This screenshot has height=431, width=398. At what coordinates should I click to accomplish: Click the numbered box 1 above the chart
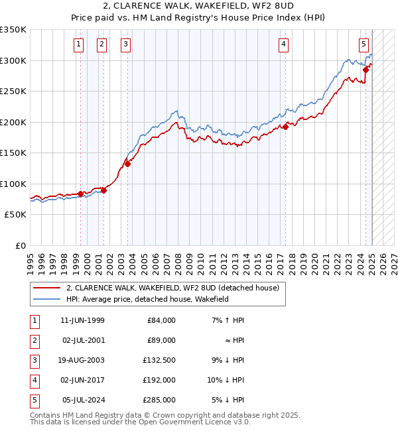click(79, 44)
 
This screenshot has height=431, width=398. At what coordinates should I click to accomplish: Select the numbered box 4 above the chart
click(283, 44)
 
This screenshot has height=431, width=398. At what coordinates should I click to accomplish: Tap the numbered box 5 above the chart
click(364, 44)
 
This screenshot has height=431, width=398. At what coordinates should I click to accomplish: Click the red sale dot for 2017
click(285, 126)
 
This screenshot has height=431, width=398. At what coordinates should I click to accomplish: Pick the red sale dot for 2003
click(128, 164)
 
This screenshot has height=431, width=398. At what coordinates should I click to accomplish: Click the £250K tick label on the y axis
click(13, 91)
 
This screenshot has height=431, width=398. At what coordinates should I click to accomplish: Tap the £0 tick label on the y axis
click(20, 245)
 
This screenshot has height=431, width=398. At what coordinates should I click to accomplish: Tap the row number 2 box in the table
click(33, 340)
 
